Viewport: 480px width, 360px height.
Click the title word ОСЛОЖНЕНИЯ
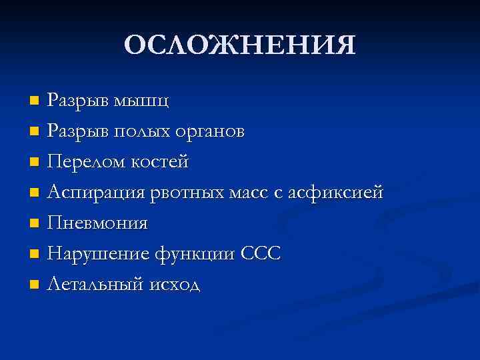coord(240,45)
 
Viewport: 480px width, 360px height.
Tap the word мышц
coord(141,102)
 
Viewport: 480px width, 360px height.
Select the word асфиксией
coord(338,193)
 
